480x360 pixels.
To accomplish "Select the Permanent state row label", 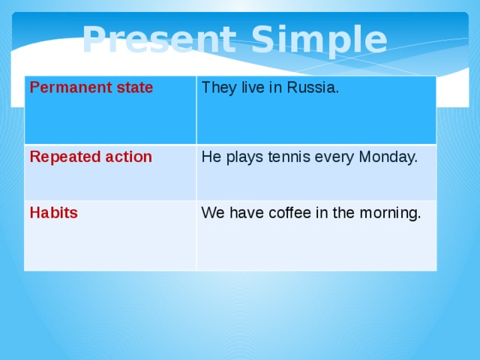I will click(91, 88).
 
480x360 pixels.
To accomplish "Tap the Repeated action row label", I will click(91, 157).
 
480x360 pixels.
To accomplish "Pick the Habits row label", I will click(53, 212).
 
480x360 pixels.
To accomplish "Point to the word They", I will click(217, 88).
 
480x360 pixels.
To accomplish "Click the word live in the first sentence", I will click(252, 88).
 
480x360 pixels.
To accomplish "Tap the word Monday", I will click(388, 157).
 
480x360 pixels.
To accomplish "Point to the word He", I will click(210, 157).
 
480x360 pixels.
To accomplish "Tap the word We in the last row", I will click(212, 213).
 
